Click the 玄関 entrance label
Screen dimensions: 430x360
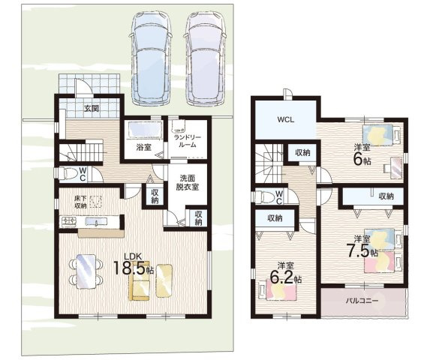tap(92, 109)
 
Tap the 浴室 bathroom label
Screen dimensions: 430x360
tap(143, 148)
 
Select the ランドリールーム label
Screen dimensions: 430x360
tap(188, 141)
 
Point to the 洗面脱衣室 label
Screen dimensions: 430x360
tap(188, 183)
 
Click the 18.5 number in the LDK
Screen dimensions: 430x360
tap(129, 268)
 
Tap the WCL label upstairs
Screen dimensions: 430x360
tap(286, 120)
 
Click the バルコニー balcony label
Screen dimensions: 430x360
tap(362, 301)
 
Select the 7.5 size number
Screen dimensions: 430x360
tap(359, 250)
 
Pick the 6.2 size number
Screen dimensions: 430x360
tap(281, 277)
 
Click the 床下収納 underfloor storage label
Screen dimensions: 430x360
tap(80, 202)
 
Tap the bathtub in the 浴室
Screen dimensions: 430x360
tap(145, 130)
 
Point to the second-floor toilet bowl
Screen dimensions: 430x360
tap(265, 197)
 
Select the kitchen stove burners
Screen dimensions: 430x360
tap(69, 221)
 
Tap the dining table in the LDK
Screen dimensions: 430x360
tap(86, 271)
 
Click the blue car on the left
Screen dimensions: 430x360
tap(151, 58)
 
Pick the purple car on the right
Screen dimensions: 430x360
tap(206, 58)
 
